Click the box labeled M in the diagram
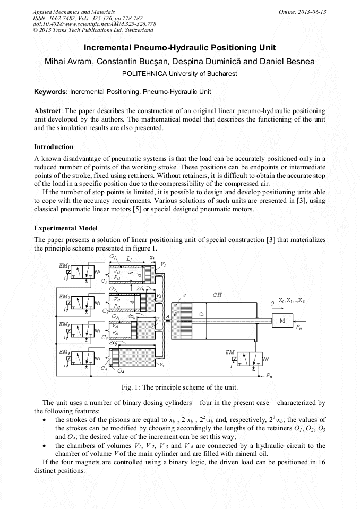[282, 321]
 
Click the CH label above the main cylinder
[217, 295]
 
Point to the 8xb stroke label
[113, 343]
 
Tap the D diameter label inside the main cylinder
[202, 314]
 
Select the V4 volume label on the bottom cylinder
[161, 365]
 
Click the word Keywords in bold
[51, 91]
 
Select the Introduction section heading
[54, 146]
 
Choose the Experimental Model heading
[66, 228]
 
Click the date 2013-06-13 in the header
[313, 12]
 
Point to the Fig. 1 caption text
[179, 386]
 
